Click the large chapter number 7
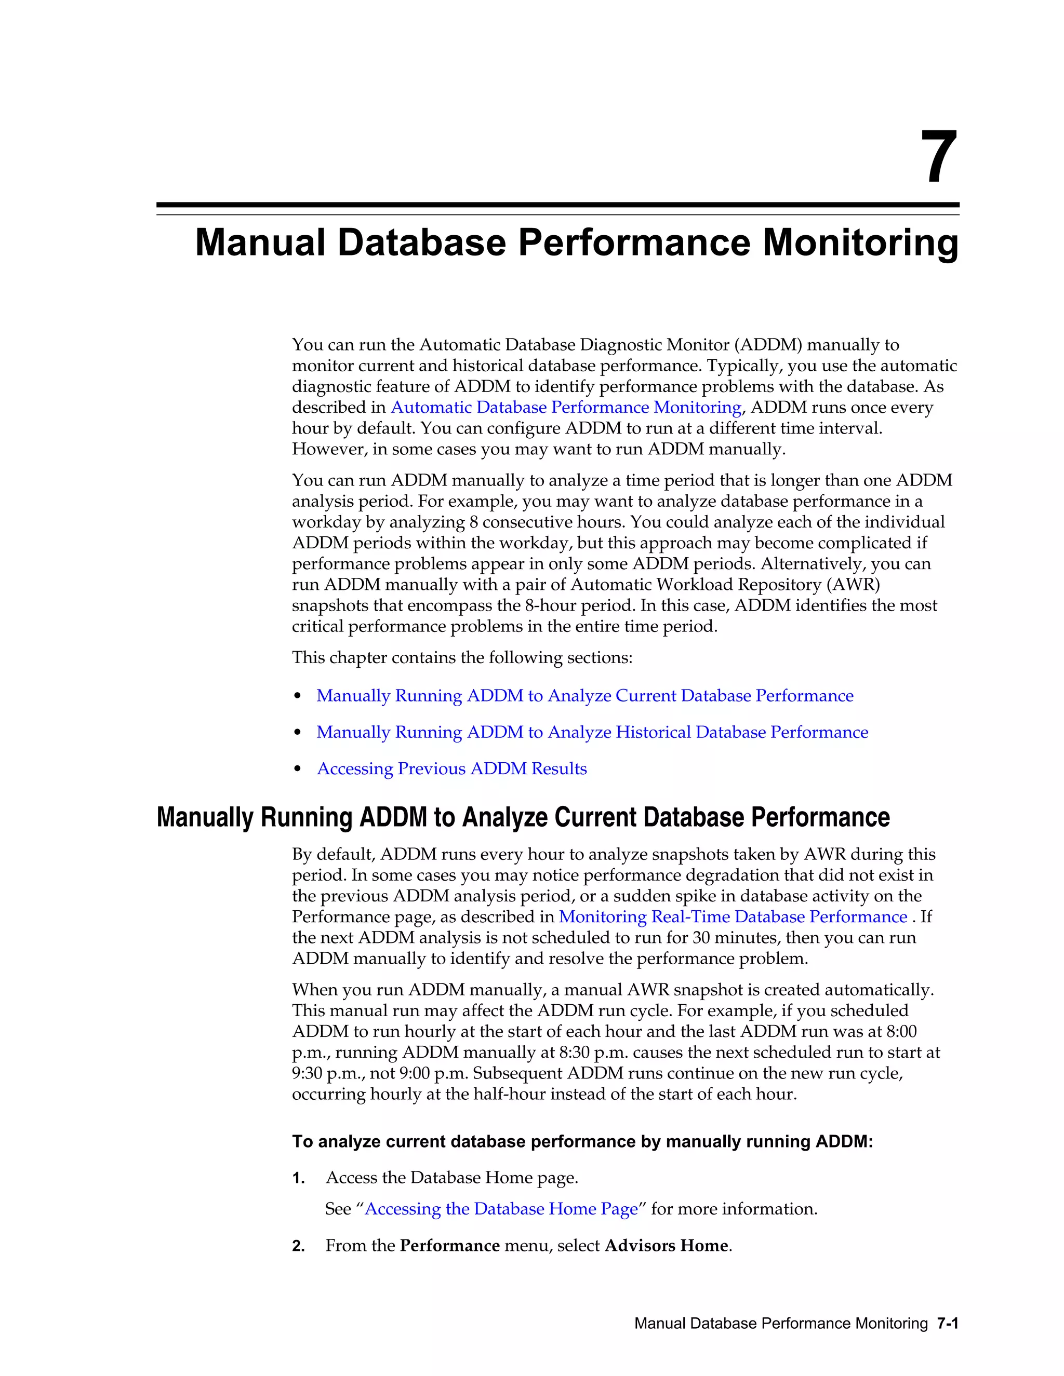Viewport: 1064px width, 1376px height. pos(939,157)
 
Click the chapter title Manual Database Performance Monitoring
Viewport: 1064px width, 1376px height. pos(576,242)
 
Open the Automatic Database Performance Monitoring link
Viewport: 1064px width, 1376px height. pos(565,408)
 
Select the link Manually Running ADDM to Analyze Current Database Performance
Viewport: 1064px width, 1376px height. pos(584,696)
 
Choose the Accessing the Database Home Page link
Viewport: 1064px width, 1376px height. pos(501,1209)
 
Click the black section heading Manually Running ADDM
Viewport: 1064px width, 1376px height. pos(523,817)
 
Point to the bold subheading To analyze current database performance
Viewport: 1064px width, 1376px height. pos(582,1142)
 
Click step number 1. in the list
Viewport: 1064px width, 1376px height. pos(299,1178)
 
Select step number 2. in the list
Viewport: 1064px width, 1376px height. pos(299,1246)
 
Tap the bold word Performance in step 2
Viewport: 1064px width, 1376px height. pos(449,1246)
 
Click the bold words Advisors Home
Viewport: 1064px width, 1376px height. pos(666,1246)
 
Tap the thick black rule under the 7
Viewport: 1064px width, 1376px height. pos(557,205)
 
